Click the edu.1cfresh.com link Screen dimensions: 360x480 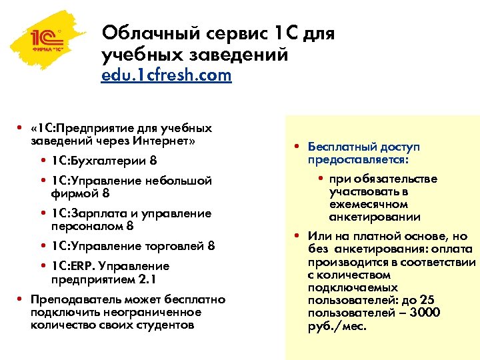pyautogui.click(x=166, y=75)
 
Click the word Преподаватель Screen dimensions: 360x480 pyautogui.click(x=71, y=299)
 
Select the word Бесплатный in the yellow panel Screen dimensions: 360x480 pyautogui.click(x=341, y=147)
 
